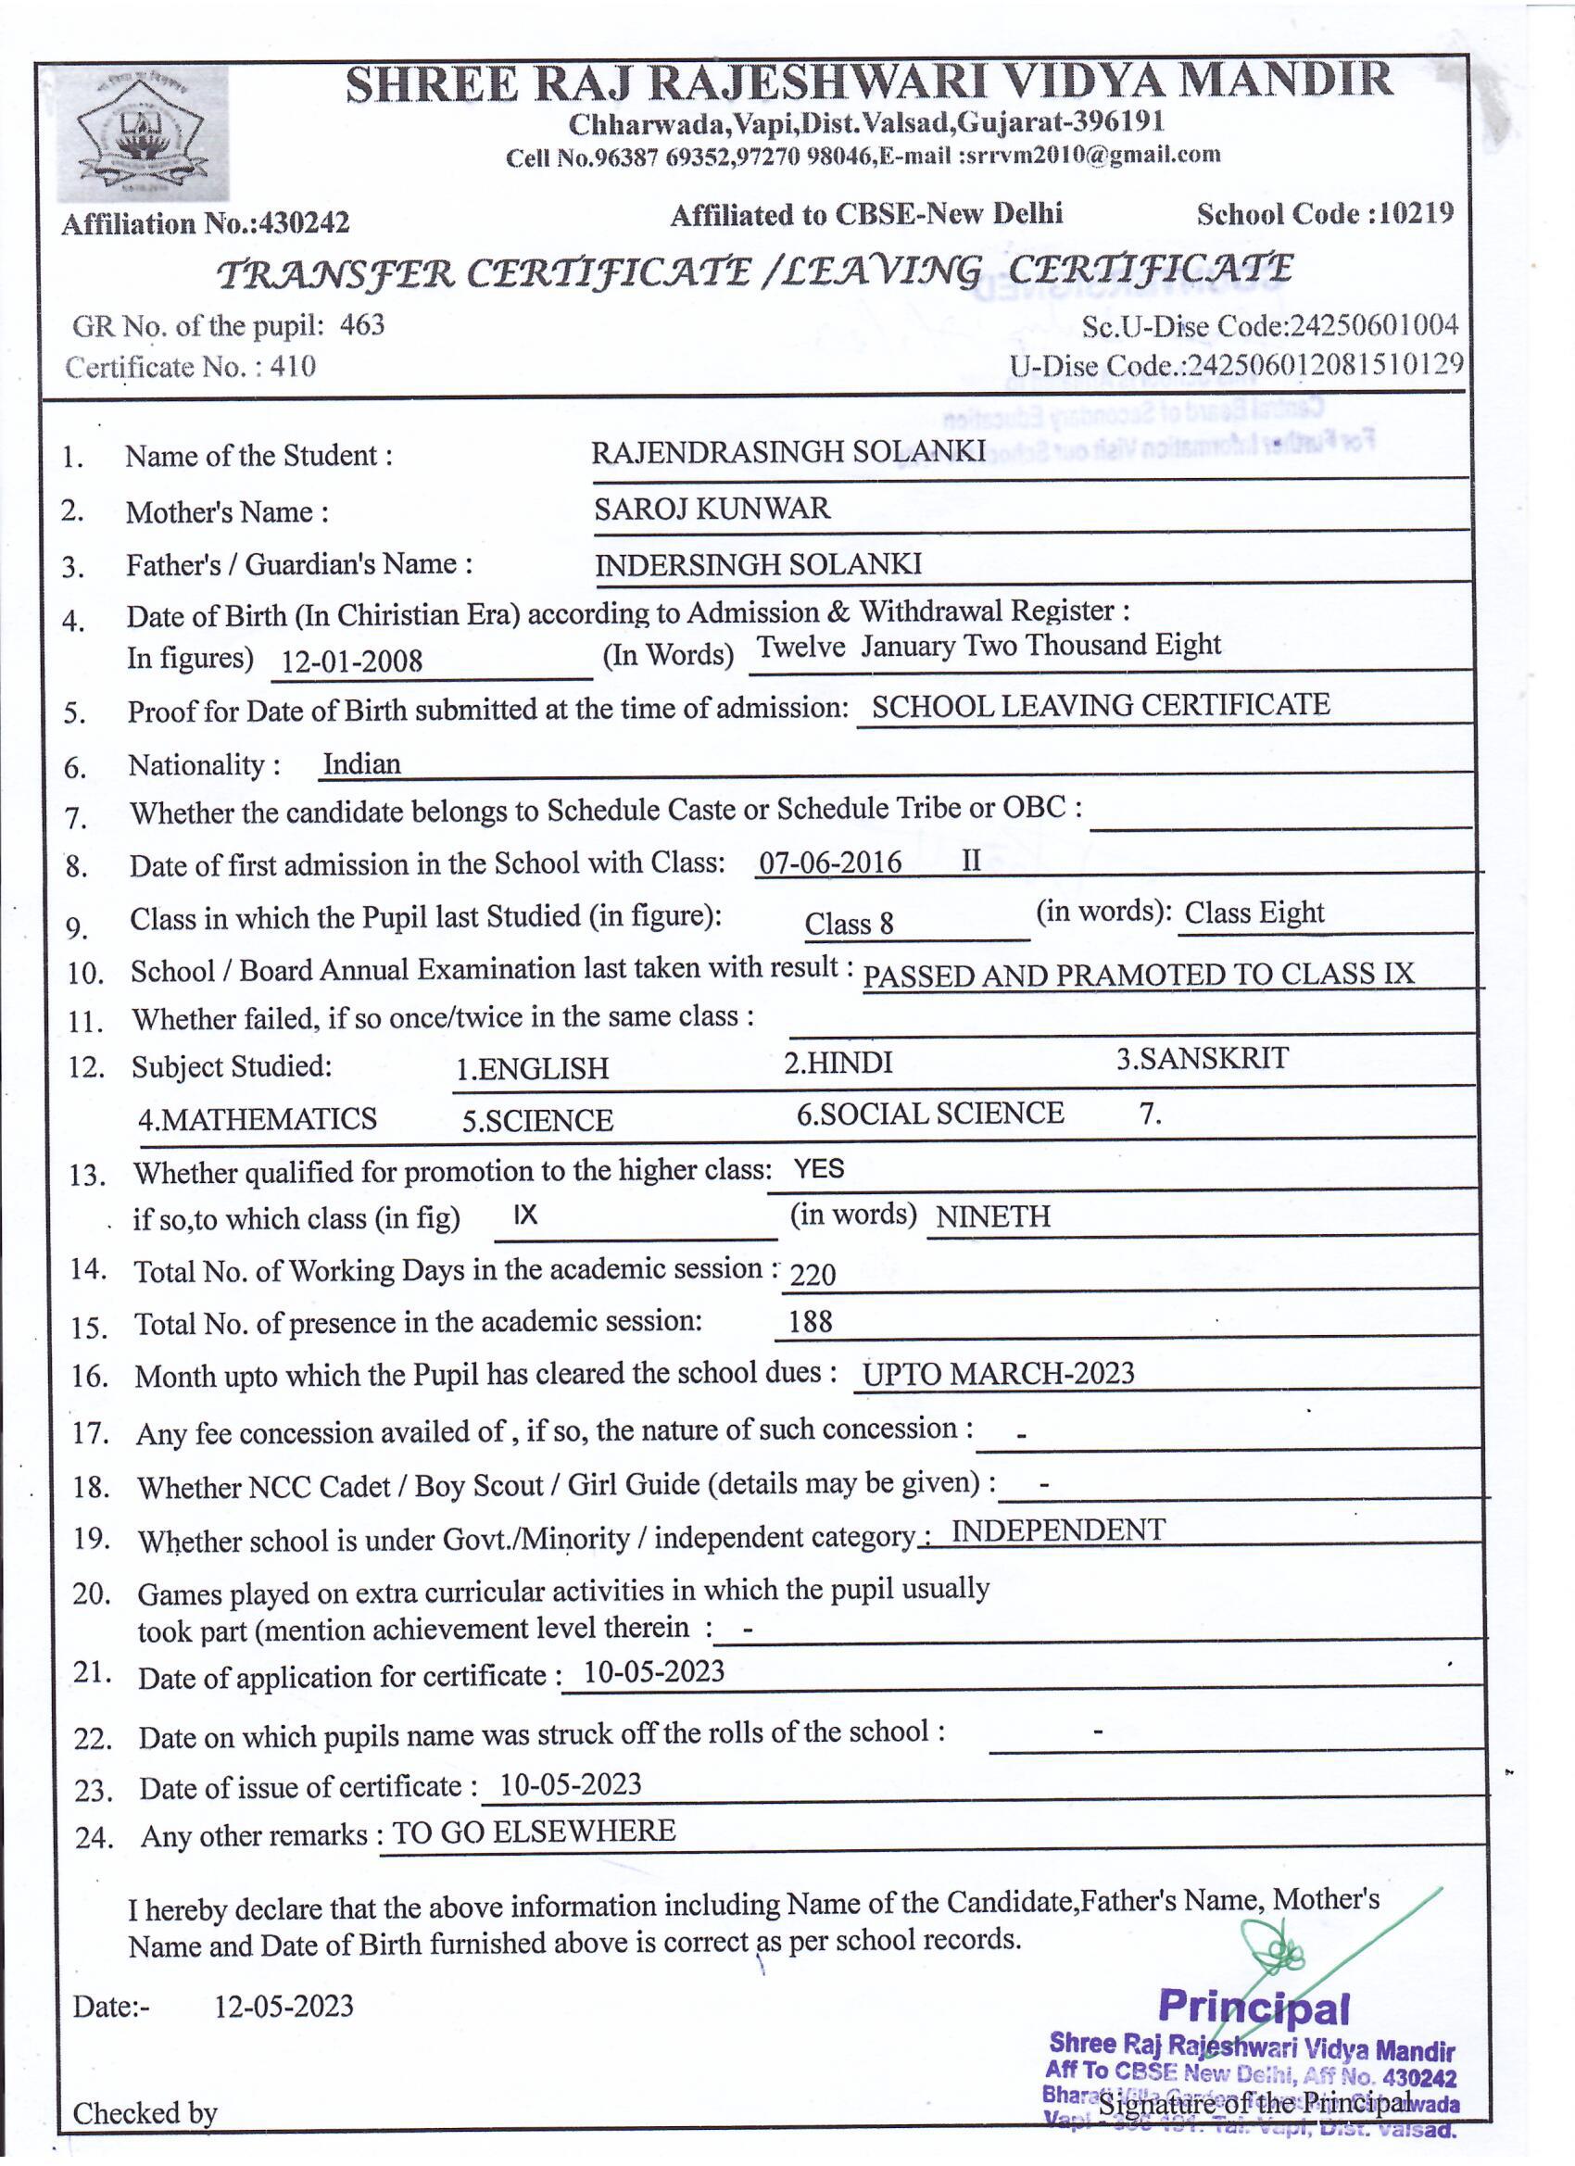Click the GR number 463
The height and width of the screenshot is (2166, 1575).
(362, 326)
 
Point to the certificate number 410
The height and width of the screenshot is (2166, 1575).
(292, 367)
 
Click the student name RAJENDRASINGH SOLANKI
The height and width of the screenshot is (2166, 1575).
(788, 452)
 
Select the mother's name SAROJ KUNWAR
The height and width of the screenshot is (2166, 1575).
(712, 508)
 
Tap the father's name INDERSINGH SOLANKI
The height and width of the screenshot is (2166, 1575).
(758, 564)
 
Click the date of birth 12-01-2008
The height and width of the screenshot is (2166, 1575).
(351, 661)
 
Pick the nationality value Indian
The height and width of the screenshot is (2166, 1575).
(361, 764)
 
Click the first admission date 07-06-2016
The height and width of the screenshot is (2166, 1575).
(829, 863)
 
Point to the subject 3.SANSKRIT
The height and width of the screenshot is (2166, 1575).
(1202, 1059)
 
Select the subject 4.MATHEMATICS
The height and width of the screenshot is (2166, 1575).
(257, 1119)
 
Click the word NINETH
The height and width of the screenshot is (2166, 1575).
(992, 1216)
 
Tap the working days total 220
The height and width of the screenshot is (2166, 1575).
(813, 1275)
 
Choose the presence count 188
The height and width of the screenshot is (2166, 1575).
(810, 1323)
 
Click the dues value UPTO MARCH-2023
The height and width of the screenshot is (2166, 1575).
(998, 1374)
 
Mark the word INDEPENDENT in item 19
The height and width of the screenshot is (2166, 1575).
(1057, 1530)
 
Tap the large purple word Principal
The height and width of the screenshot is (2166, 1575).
(1254, 2008)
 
